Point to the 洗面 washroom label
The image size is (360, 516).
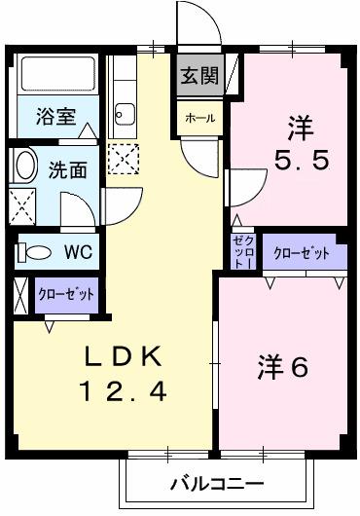click(x=67, y=169)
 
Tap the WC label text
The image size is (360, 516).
click(x=77, y=252)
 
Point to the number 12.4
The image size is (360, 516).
click(x=123, y=392)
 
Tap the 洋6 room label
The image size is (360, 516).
click(x=283, y=369)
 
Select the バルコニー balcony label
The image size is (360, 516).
click(x=216, y=484)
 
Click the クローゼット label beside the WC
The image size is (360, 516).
click(x=65, y=293)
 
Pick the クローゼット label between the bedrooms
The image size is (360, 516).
click(x=301, y=253)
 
